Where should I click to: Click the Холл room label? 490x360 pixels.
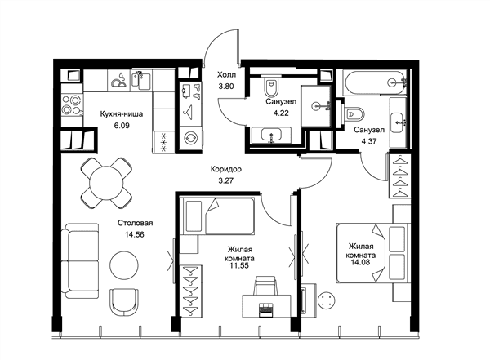click(226, 75)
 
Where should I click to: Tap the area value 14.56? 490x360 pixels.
click(135, 234)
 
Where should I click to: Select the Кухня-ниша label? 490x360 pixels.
click(122, 114)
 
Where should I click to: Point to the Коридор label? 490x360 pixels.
click(226, 169)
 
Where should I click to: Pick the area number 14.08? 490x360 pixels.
click(360, 262)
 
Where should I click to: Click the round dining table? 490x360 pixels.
click(106, 183)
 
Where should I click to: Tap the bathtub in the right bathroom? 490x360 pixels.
click(374, 82)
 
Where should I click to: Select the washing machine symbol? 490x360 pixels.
click(190, 138)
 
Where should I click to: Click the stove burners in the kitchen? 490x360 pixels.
click(72, 104)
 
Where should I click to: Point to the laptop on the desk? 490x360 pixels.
click(266, 309)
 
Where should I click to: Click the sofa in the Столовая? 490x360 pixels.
click(80, 261)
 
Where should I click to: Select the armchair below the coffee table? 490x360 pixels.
click(124, 302)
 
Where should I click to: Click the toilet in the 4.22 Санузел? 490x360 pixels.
click(270, 86)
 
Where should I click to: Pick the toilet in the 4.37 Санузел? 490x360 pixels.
click(354, 114)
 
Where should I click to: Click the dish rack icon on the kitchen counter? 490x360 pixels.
click(119, 80)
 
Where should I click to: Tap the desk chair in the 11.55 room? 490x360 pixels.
click(265, 285)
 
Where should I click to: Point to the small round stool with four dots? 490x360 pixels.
click(327, 300)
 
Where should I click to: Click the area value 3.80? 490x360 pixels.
click(226, 87)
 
